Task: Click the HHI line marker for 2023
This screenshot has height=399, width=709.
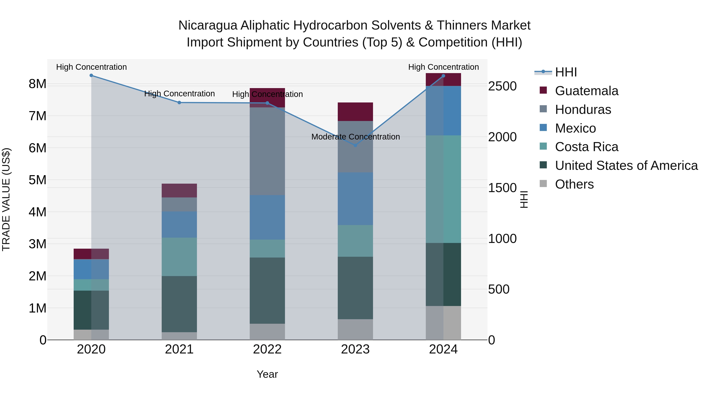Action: (355, 145)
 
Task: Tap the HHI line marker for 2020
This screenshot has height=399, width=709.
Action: (91, 75)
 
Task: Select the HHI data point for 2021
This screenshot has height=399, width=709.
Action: (179, 102)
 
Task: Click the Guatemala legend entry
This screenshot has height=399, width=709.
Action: (586, 91)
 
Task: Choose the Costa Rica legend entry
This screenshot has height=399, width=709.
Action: (586, 147)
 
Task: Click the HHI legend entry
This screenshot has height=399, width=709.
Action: (566, 72)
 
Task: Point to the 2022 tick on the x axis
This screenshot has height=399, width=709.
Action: (267, 349)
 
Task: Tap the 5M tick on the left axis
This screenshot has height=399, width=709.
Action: (38, 180)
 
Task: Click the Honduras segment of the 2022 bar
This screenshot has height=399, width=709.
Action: (267, 152)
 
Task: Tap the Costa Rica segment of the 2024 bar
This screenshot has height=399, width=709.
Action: (443, 189)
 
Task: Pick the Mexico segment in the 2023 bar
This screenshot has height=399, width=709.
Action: (355, 199)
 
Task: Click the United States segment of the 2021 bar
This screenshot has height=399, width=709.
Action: (179, 304)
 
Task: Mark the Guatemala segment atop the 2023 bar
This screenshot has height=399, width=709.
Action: (355, 112)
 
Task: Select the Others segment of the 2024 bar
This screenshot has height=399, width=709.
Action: (443, 323)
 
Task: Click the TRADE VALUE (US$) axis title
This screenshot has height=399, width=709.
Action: (6, 199)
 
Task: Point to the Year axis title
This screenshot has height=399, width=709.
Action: (267, 374)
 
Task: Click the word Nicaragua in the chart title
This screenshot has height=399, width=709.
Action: (208, 25)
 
